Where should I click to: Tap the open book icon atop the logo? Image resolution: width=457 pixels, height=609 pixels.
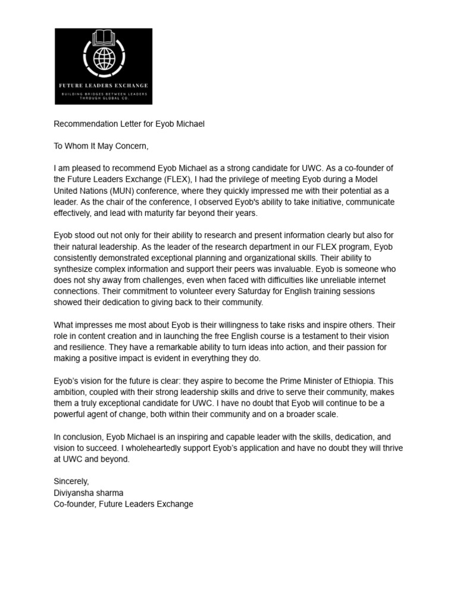point(104,37)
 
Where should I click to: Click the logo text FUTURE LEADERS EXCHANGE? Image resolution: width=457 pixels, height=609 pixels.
point(104,86)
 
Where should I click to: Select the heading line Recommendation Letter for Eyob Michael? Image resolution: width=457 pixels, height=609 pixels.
point(129,124)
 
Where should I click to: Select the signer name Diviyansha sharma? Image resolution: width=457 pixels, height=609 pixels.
point(89,492)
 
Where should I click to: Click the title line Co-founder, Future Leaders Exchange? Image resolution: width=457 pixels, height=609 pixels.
point(123,504)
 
